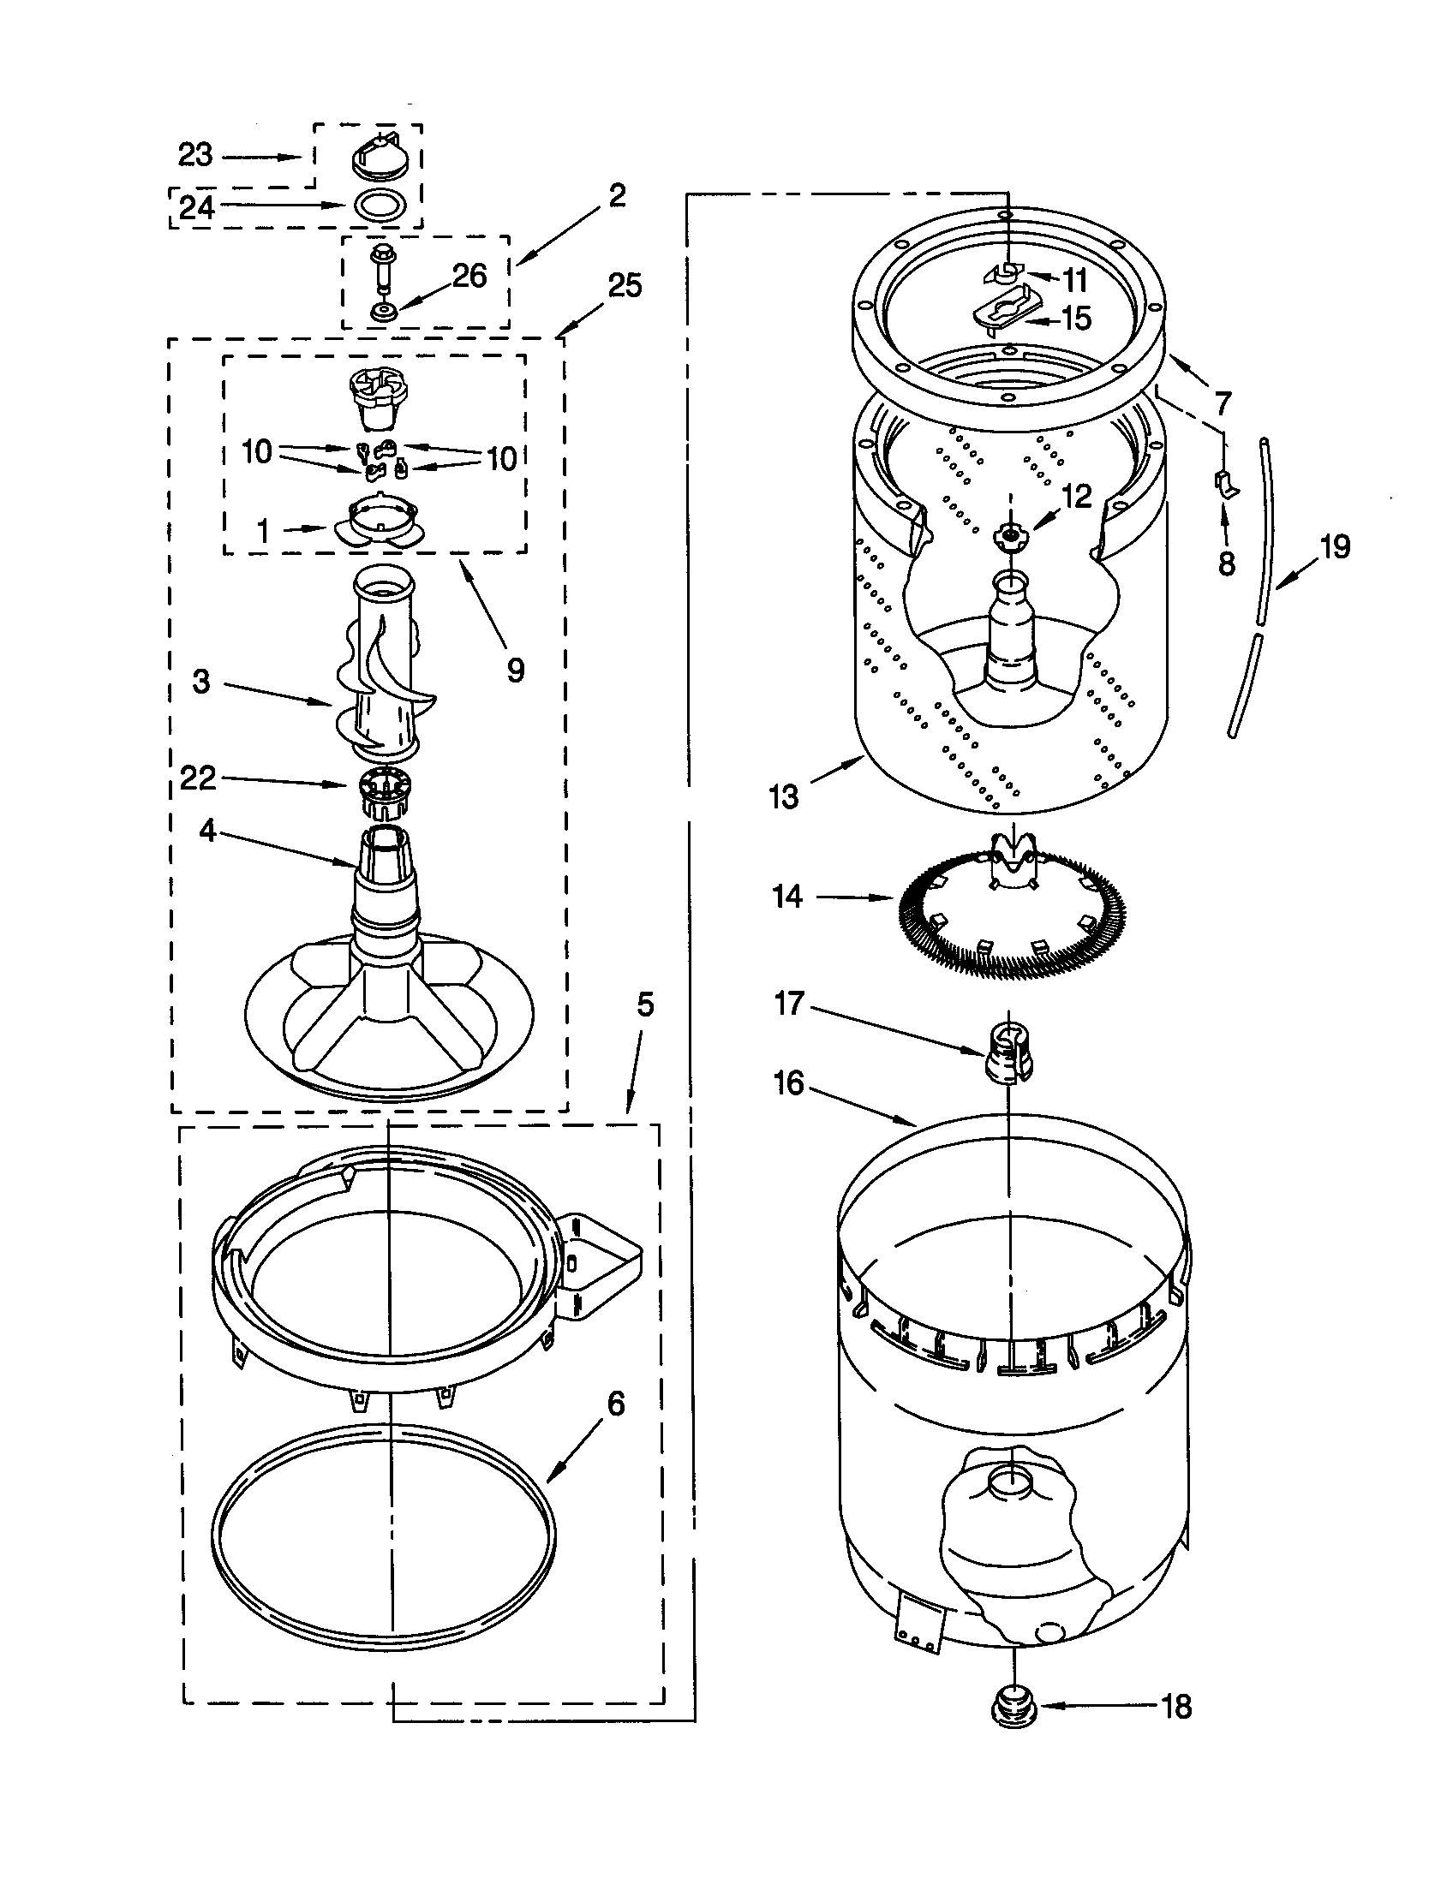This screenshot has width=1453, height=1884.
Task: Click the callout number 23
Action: point(195,155)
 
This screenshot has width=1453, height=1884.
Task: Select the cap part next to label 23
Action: point(378,156)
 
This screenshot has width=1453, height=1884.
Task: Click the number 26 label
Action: point(469,276)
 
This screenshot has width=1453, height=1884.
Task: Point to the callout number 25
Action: point(625,285)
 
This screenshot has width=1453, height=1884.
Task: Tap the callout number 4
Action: point(207,832)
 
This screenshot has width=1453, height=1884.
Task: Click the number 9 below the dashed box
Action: point(515,670)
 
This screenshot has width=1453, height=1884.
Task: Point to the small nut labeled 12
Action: point(1006,536)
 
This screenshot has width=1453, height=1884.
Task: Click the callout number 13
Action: point(783,796)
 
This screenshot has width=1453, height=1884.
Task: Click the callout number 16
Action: point(789,1083)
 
